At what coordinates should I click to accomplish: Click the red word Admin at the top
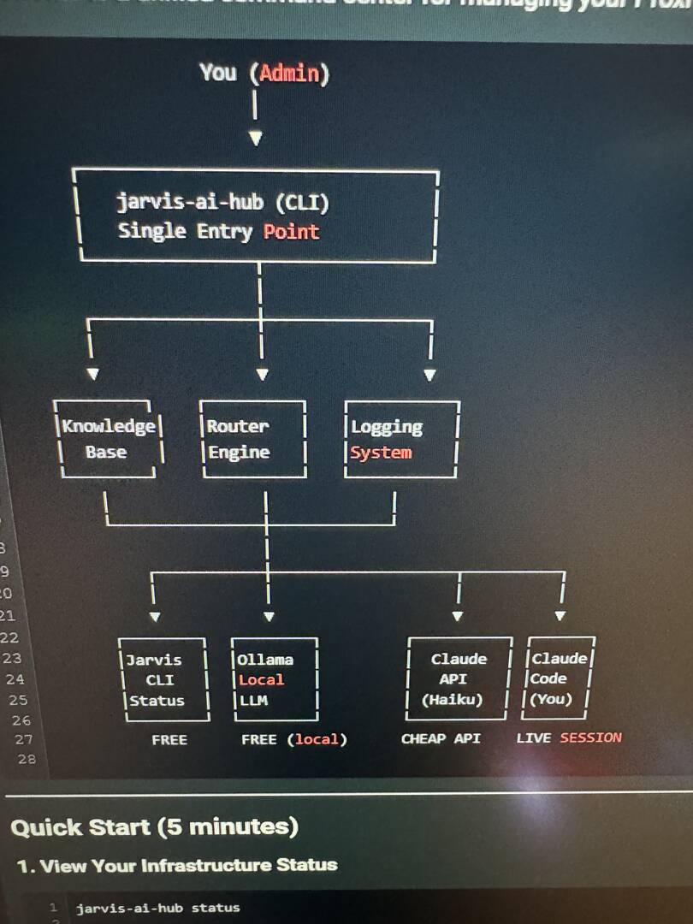tap(289, 73)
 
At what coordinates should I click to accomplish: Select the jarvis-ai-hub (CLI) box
tap(258, 216)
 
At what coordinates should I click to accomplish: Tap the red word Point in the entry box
tap(291, 231)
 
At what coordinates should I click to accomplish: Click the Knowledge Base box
tap(108, 439)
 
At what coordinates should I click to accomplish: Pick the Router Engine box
tap(252, 439)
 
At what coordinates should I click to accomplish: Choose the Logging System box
tap(401, 439)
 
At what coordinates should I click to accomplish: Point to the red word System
tap(381, 453)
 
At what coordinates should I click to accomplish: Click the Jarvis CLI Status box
tap(162, 679)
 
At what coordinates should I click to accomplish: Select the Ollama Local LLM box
tap(274, 679)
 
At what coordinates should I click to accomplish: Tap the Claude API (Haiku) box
tap(459, 678)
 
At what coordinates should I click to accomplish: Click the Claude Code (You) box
tap(560, 678)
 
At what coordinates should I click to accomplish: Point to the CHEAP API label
tap(441, 738)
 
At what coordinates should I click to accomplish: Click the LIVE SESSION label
tap(569, 737)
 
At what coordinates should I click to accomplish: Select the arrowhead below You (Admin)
tap(255, 138)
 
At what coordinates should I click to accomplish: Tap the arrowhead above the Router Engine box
tap(263, 375)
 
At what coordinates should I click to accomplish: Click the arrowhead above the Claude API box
tap(458, 616)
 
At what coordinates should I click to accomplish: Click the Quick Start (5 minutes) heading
tap(154, 827)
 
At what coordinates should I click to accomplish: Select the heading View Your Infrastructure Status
tap(177, 865)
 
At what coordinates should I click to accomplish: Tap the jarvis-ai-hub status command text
tap(157, 908)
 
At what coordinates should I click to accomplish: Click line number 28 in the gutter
tap(27, 759)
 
